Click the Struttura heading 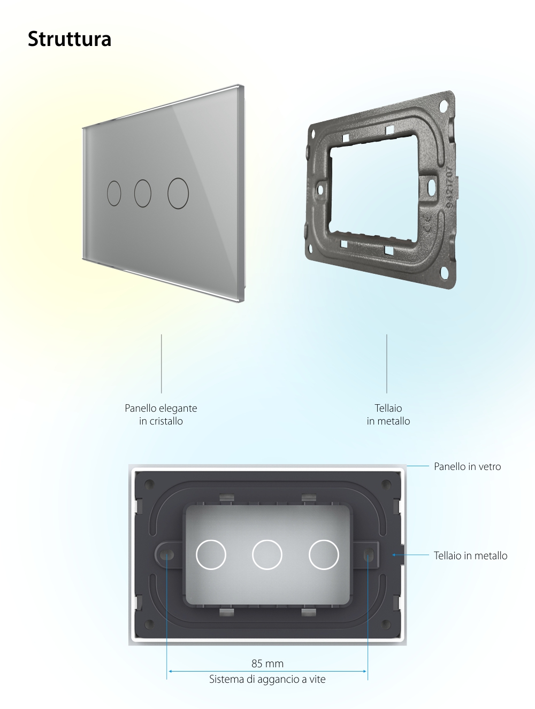[x=70, y=39]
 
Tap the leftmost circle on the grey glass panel [x=114, y=194]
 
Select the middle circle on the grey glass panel [x=143, y=193]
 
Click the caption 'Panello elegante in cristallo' [x=161, y=414]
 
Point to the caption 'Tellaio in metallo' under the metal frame [x=388, y=414]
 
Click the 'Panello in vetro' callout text [x=467, y=467]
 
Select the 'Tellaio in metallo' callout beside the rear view [x=470, y=556]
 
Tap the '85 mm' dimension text [x=267, y=664]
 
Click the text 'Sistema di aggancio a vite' [x=267, y=680]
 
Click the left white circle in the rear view [x=211, y=554]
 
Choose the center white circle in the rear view [x=267, y=554]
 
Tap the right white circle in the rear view [x=324, y=554]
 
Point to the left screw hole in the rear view [x=167, y=554]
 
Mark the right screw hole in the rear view [x=368, y=554]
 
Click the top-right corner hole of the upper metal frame [x=444, y=105]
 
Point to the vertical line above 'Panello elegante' [x=162, y=364]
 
